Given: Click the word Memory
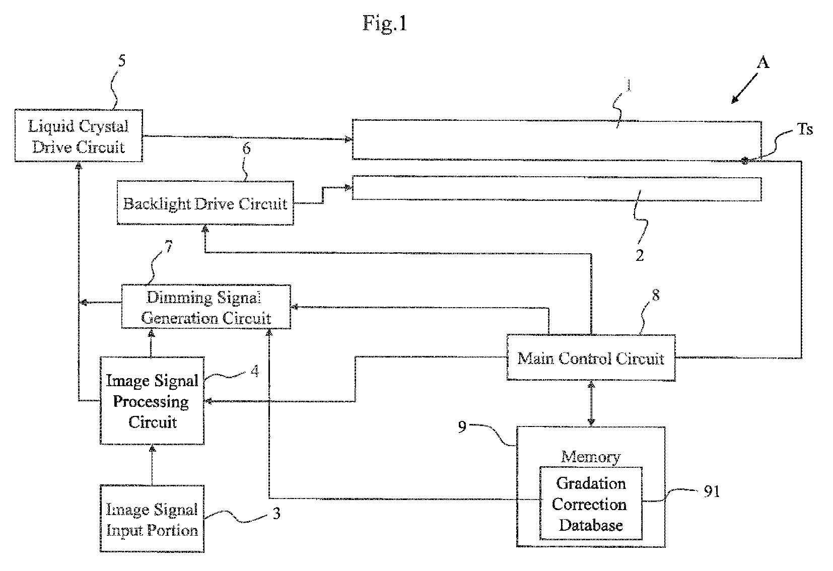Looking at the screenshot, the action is (591, 457).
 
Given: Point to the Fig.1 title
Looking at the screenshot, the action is (385, 23).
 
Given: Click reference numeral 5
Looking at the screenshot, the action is (122, 60).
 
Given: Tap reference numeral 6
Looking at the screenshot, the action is (247, 149).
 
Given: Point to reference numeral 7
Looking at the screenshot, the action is (169, 246).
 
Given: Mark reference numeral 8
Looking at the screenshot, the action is (656, 295).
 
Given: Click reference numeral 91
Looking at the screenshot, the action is (712, 491).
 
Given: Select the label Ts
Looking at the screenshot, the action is (805, 129).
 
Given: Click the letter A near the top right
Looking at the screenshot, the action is (763, 62).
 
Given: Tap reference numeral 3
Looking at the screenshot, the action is (276, 514).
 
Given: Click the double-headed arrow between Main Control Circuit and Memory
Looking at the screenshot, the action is (591, 404).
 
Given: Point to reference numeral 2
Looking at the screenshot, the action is (640, 255).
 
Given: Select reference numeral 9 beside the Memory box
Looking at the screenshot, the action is (462, 427).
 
